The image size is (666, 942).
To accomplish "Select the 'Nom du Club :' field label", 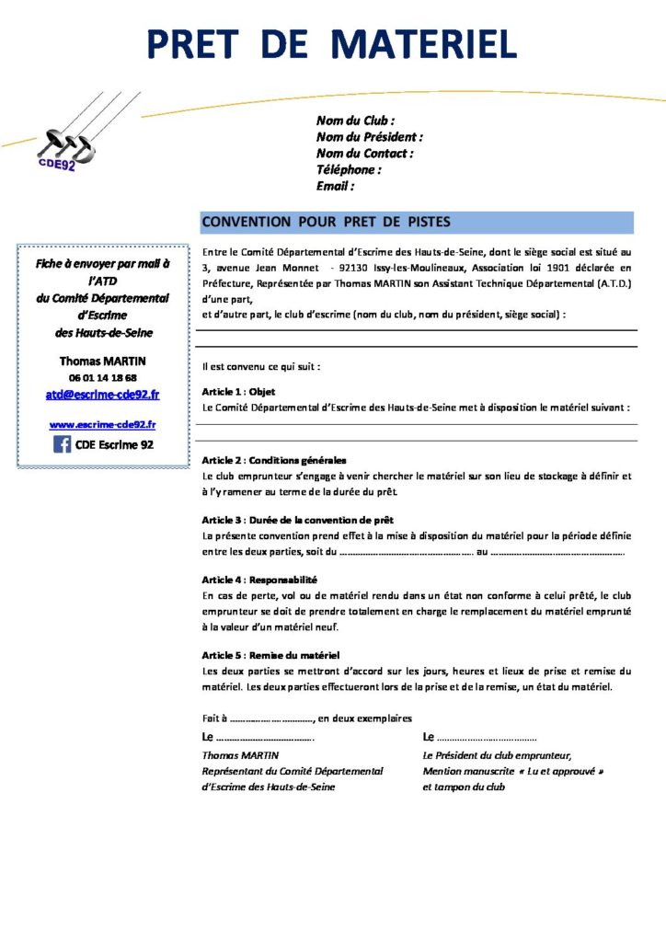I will coord(355,121).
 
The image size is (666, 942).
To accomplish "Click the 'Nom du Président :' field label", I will coord(369,137).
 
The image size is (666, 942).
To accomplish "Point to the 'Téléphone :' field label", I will coord(349,169).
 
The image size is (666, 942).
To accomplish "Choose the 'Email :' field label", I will coord(335,186).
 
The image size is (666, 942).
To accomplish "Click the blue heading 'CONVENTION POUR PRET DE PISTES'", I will coord(326,222).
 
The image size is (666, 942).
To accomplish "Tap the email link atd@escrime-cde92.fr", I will coord(102,395).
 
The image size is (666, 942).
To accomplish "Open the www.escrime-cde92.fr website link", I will coord(102,424).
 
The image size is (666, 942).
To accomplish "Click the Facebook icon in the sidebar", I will coord(63,444).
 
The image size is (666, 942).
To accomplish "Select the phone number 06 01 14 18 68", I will coord(102,377).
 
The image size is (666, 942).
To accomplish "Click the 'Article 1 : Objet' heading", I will coord(238,391).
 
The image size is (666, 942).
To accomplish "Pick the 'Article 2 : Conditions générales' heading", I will coord(274,460).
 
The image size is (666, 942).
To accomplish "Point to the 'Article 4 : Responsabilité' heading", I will coord(259,580).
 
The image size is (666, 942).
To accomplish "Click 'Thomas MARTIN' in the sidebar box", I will coord(102,361).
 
